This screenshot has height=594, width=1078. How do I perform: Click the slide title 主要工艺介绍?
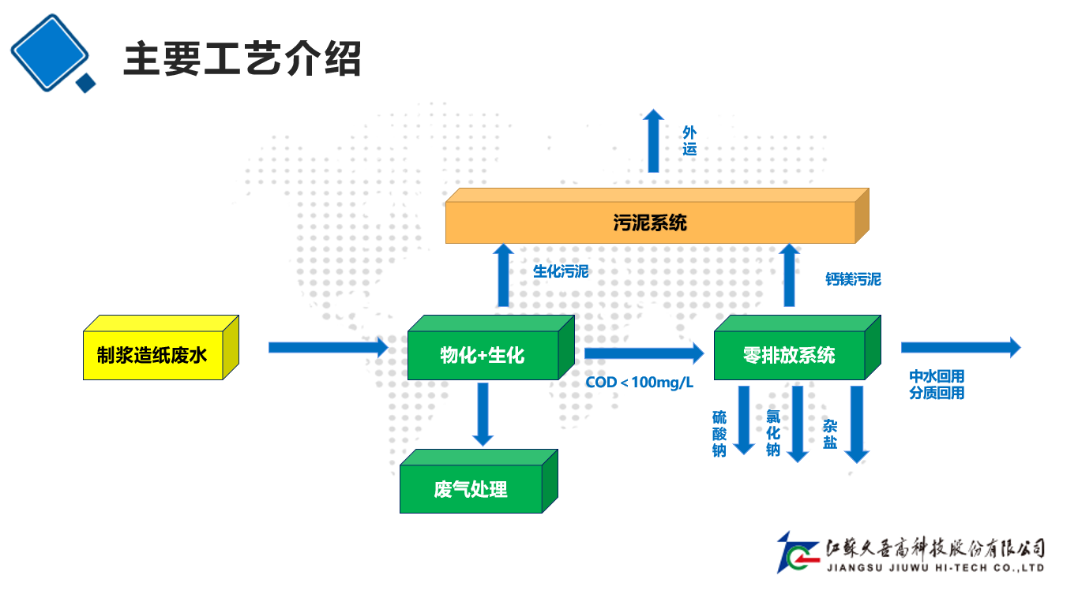click(242, 59)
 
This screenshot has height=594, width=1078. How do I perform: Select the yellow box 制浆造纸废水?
click(152, 356)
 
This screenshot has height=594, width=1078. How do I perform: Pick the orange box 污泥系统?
click(650, 223)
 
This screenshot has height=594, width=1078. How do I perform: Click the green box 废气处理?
click(471, 490)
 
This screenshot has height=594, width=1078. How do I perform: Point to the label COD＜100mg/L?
click(640, 383)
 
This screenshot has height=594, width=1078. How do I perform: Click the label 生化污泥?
click(561, 272)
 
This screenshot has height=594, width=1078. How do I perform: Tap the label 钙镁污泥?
click(853, 279)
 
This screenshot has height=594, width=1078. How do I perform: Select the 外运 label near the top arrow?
click(689, 140)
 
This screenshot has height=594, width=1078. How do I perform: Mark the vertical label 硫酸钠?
click(719, 434)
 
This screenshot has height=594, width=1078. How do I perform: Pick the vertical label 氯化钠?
click(773, 433)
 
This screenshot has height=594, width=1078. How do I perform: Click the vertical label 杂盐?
click(830, 435)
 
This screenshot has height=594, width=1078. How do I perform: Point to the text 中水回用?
click(937, 377)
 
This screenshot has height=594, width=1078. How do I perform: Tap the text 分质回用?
click(937, 393)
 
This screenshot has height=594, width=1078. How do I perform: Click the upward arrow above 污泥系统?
click(653, 140)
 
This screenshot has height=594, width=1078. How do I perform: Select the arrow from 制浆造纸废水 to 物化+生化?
click(328, 347)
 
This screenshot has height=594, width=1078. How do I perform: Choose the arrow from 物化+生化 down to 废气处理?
click(483, 414)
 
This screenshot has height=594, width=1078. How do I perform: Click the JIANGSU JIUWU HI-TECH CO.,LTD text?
click(935, 567)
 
